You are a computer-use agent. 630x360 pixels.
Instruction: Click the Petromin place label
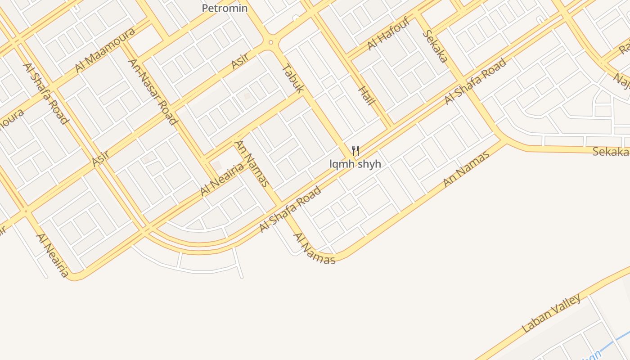click(x=225, y=8)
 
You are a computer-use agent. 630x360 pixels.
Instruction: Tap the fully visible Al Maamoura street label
click(x=105, y=49)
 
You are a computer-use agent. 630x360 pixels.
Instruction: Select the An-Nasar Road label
click(x=153, y=91)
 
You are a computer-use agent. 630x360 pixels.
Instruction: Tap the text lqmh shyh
click(x=355, y=164)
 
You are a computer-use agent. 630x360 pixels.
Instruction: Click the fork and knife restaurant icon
click(x=355, y=150)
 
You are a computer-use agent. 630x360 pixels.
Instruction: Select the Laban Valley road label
click(x=552, y=314)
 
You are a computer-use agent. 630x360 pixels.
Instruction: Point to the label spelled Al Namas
click(x=314, y=249)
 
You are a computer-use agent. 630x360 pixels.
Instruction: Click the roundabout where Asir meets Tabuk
click(x=270, y=43)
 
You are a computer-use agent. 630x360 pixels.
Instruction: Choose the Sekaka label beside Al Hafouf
click(x=435, y=46)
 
